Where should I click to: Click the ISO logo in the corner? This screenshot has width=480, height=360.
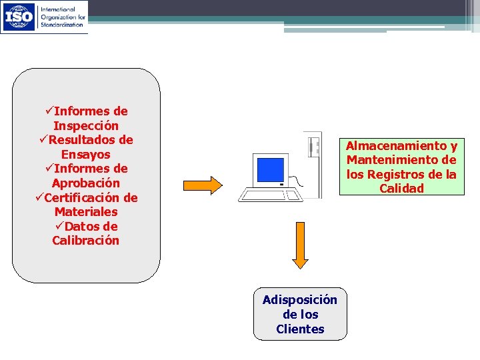tap(19, 17)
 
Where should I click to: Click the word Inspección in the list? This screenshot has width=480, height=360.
tap(86, 126)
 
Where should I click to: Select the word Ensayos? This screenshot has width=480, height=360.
tap(86, 155)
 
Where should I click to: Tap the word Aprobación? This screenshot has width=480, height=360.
tap(86, 183)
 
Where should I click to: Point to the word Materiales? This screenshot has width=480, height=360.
tap(86, 212)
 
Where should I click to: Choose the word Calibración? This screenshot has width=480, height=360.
tap(86, 241)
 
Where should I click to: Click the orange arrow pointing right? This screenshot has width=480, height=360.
tap(202, 185)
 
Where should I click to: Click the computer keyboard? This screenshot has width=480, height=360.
tap(270, 195)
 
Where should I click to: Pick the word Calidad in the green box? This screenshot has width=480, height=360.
tap(401, 189)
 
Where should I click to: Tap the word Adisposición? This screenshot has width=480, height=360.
tap(300, 300)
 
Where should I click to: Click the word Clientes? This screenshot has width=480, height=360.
tap(300, 329)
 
